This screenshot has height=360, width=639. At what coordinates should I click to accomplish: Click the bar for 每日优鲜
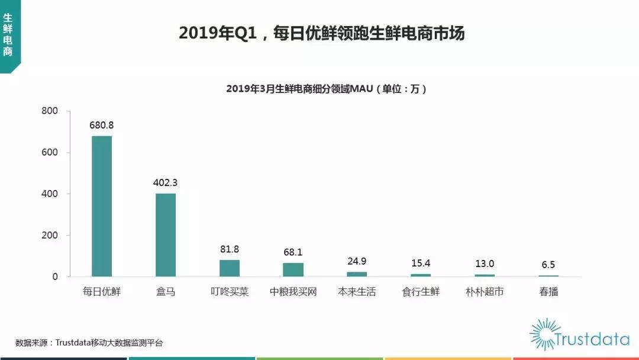pyautogui.click(x=102, y=206)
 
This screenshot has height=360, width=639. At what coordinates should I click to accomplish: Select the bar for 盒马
pyautogui.click(x=166, y=235)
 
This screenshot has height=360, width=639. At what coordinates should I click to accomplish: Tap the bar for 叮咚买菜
pyautogui.click(x=230, y=268)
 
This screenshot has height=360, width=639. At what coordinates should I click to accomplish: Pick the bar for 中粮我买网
pyautogui.click(x=293, y=269)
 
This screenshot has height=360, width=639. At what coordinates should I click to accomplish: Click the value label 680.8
pyautogui.click(x=102, y=126)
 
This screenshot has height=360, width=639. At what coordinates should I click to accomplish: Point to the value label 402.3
pyautogui.click(x=166, y=183)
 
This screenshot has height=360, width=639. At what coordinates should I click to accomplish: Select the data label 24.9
pyautogui.click(x=357, y=261)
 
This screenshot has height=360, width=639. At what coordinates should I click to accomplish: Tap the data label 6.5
pyautogui.click(x=548, y=265)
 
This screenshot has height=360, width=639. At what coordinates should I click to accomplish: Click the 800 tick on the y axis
pyautogui.click(x=50, y=111)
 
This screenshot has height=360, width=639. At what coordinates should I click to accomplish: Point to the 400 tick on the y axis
pyautogui.click(x=50, y=194)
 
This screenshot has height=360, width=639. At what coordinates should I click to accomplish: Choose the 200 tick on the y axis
pyautogui.click(x=50, y=236)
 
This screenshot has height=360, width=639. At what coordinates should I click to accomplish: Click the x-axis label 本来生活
pyautogui.click(x=357, y=292)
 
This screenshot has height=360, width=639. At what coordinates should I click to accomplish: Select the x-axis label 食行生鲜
pyautogui.click(x=421, y=292)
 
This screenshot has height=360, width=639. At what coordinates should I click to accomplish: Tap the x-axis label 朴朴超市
pyautogui.click(x=485, y=292)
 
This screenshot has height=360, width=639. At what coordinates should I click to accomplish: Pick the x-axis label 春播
pyautogui.click(x=548, y=292)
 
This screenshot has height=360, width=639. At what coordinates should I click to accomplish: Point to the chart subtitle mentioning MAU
pyautogui.click(x=327, y=89)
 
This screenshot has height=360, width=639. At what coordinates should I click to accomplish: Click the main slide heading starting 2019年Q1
pyautogui.click(x=322, y=34)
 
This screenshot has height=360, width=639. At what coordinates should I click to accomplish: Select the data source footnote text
pyautogui.click(x=89, y=343)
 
